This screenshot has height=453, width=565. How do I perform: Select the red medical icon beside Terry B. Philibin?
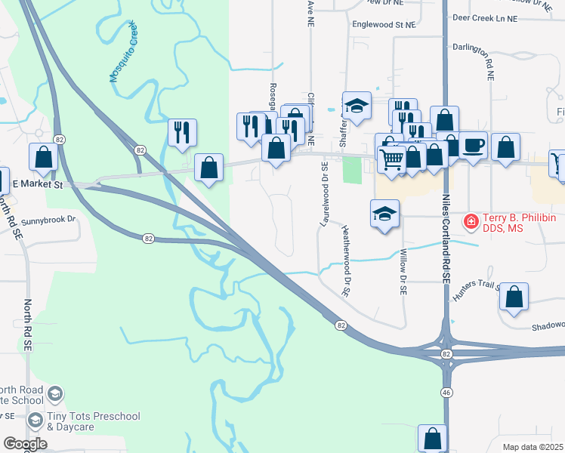471,220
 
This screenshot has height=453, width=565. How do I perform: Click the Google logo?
25,444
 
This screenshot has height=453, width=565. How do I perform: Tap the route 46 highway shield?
446,393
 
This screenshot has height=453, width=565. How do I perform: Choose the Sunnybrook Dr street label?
49,220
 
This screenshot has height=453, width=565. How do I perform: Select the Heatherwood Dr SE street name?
347,260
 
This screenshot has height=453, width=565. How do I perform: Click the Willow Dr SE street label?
403,272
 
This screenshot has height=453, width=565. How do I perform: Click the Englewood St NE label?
384,25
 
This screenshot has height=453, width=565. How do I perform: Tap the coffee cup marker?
473,146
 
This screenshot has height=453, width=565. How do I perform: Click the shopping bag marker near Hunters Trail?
514,298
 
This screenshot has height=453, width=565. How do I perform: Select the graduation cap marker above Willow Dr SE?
384,214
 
